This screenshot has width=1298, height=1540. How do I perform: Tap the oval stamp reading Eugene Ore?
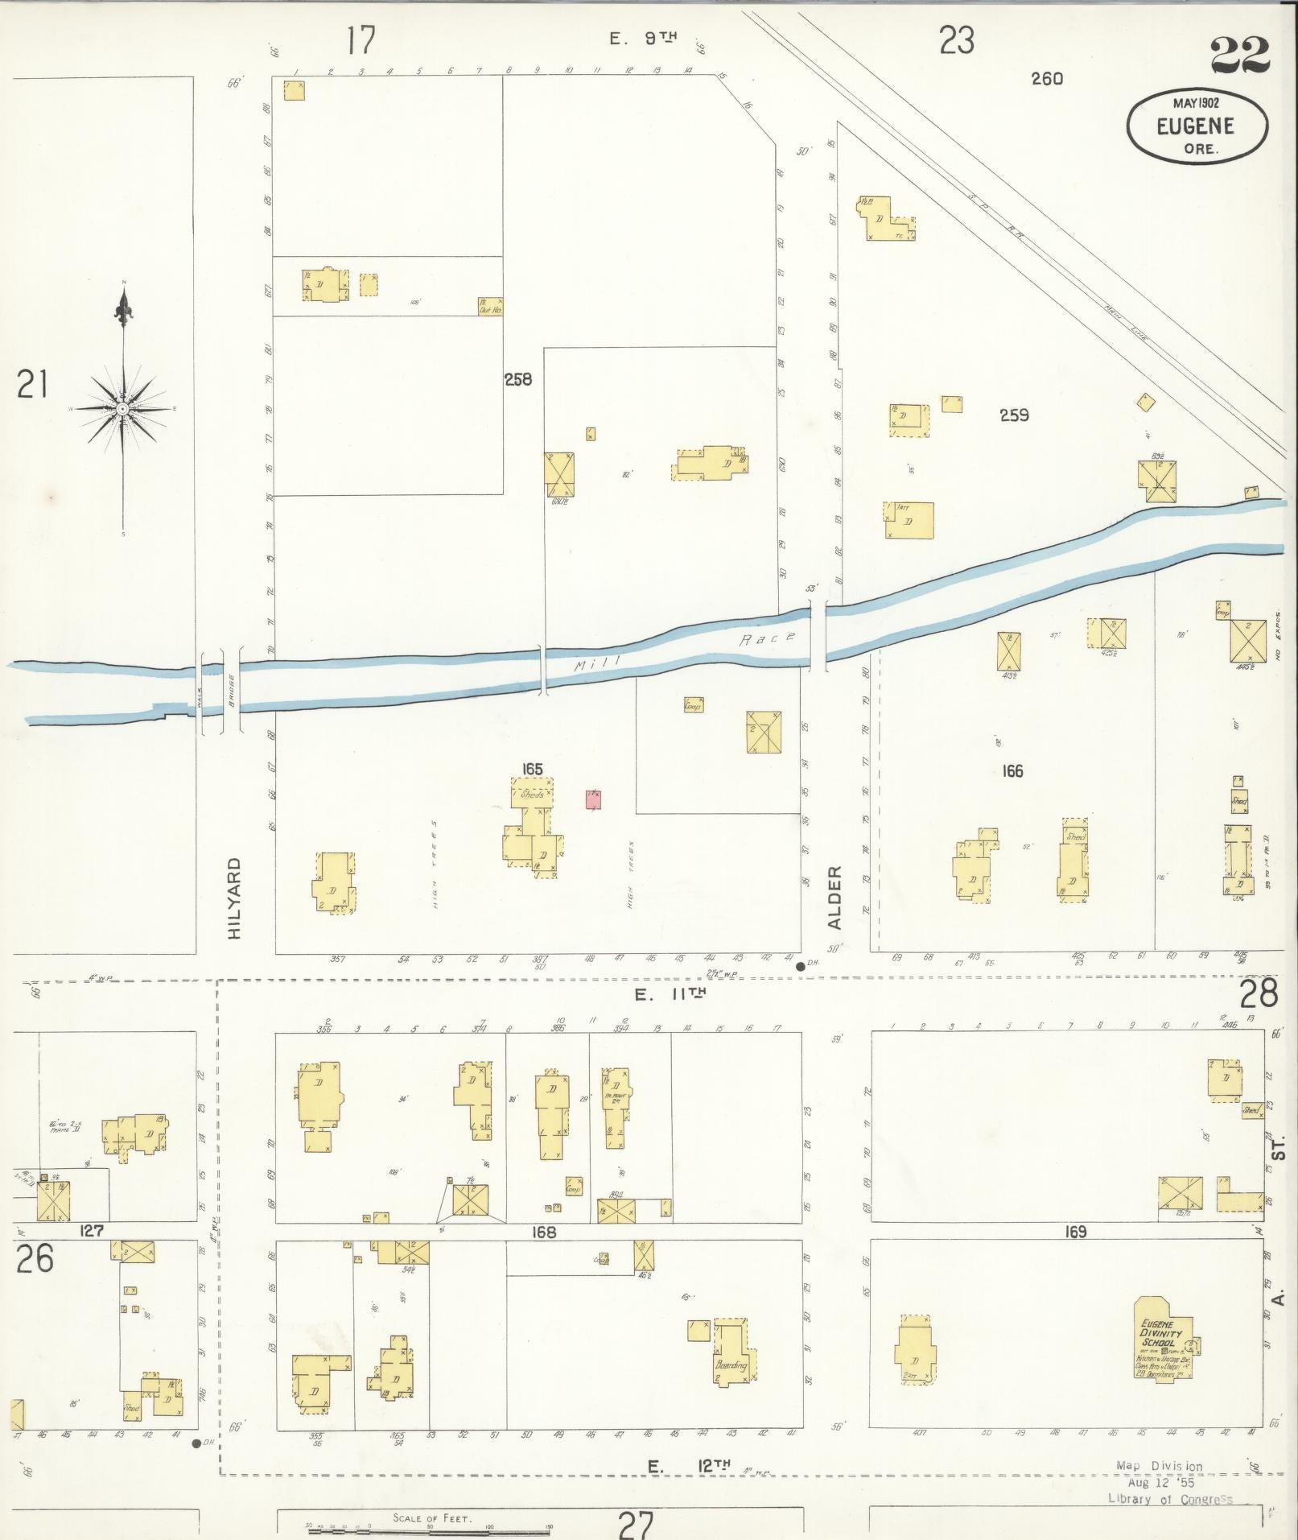point(1196,126)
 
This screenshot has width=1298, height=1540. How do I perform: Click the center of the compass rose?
point(122,409)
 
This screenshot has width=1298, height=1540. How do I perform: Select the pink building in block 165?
point(594,799)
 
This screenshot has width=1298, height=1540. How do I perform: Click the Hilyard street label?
point(234,898)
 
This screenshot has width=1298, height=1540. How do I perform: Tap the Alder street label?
point(834,898)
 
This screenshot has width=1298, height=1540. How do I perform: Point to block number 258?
point(518,379)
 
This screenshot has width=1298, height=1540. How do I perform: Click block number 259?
point(1014,416)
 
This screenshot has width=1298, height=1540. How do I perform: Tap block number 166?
point(1012,771)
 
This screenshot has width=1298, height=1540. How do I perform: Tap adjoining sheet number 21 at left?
point(32,385)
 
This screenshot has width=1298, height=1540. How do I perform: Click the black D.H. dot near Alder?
point(800,966)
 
